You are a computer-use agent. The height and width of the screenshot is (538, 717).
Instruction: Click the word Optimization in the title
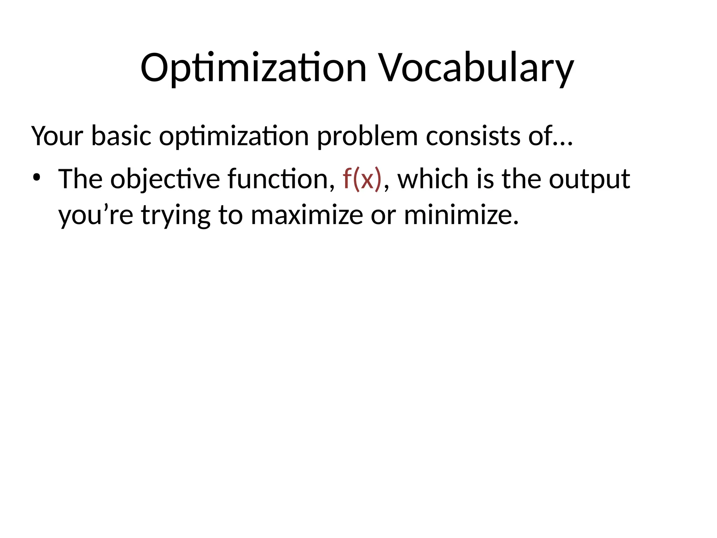(x=253, y=68)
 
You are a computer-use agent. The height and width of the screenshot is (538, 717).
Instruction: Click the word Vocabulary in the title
(x=477, y=68)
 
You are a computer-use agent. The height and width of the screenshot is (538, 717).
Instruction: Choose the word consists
(x=473, y=136)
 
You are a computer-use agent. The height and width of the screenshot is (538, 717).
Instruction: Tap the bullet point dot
(x=36, y=178)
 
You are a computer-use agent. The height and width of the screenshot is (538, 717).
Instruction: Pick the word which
(x=433, y=179)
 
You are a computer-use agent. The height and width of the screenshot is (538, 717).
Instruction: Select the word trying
(x=176, y=216)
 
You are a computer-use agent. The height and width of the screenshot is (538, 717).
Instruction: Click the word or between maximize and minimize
(x=384, y=216)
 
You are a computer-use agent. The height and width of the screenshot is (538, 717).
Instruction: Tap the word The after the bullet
(x=80, y=179)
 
